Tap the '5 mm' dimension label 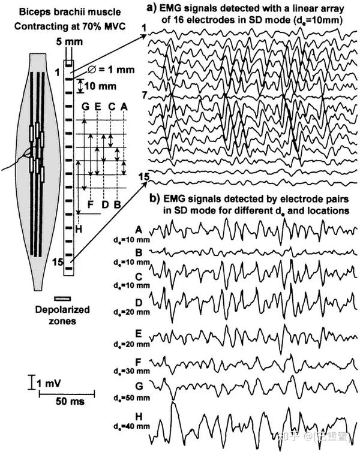click(x=67, y=43)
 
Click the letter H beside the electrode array click(x=79, y=228)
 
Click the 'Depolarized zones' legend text click(x=62, y=315)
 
